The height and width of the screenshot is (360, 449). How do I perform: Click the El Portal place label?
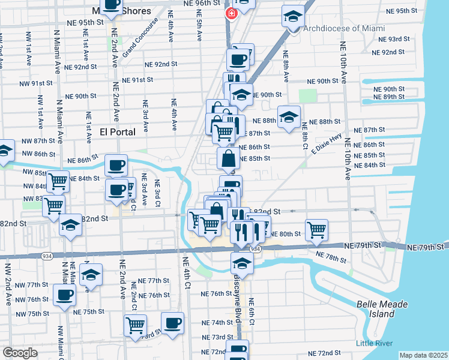[118, 131]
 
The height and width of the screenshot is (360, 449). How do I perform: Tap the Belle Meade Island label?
[382, 309]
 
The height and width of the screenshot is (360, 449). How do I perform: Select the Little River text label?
[373, 343]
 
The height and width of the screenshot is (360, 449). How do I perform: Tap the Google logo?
[20, 353]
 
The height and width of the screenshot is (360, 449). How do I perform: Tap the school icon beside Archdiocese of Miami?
[292, 16]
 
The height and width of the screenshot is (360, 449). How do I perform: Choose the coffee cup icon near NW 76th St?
[64, 295]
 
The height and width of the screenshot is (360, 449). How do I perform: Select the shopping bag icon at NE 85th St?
[229, 159]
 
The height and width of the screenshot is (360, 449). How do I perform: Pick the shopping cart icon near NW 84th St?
[58, 181]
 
